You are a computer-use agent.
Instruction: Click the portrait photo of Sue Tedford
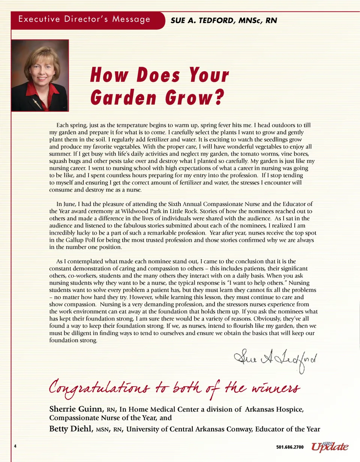[x=40, y=75]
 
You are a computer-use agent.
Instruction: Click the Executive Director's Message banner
[x=85, y=19]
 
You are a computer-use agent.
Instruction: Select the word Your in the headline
[x=208, y=75]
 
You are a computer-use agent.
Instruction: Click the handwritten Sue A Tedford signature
[x=273, y=360]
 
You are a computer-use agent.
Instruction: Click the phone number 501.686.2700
[x=290, y=447]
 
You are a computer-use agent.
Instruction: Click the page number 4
[x=15, y=446]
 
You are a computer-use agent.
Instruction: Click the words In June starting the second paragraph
[x=64, y=204]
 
